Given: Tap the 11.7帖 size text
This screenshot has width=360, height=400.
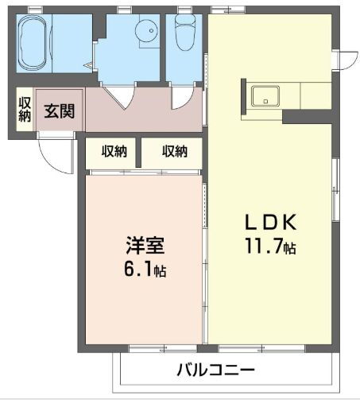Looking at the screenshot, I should click(x=271, y=247).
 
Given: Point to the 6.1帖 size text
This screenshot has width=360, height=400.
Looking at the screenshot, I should click(x=145, y=270).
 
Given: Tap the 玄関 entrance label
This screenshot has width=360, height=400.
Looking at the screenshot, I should click(x=60, y=111).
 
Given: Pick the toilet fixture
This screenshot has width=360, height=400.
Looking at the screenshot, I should click(x=184, y=34).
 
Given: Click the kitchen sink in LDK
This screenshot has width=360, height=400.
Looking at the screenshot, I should click(x=264, y=97).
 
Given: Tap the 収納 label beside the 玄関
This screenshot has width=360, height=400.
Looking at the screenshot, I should click(x=25, y=111).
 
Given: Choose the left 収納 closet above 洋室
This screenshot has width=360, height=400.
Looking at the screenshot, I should click(x=114, y=152).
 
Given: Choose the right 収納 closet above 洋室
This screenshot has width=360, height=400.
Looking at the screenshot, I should click(x=175, y=152).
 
